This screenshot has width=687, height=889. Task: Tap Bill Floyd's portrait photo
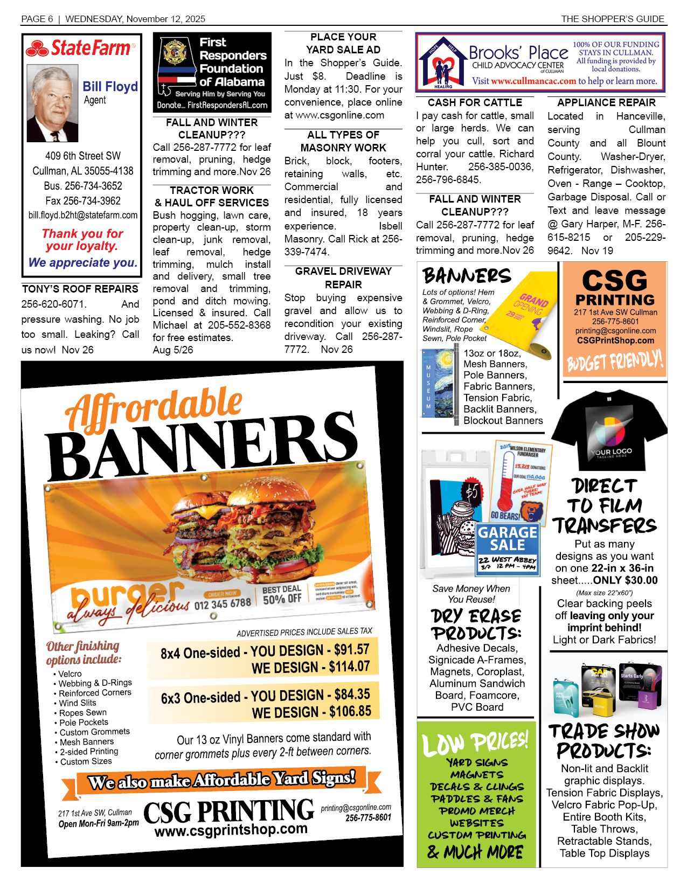pyautogui.click(x=52, y=103)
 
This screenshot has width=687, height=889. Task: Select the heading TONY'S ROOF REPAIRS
pyautogui.click(x=80, y=289)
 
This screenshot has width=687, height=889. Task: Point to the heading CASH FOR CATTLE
pyautogui.click(x=475, y=102)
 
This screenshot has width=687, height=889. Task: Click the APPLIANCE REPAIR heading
pyautogui.click(x=606, y=102)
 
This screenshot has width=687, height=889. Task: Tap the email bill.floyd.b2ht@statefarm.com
pyautogui.click(x=83, y=215)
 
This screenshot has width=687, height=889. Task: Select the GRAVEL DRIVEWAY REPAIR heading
pyautogui.click(x=343, y=277)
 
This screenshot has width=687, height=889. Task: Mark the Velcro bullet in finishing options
pyautogui.click(x=70, y=673)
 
